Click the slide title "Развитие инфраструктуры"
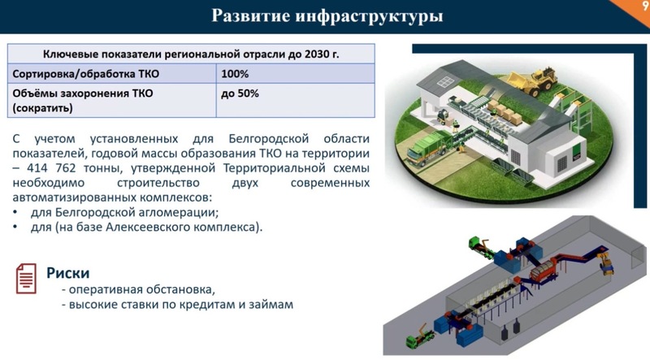click(327, 16)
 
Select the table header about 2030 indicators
click(191, 54)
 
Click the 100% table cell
click(235, 74)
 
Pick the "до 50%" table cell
click(240, 93)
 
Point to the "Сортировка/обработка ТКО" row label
click(86, 74)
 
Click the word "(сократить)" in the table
click(43, 109)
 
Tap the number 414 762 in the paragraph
click(51, 168)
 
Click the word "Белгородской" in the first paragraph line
click(269, 138)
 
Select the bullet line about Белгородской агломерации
click(124, 213)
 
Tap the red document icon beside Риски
click(26, 279)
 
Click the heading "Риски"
click(68, 273)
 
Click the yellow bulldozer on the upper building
click(533, 81)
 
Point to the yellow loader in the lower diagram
click(605, 264)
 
